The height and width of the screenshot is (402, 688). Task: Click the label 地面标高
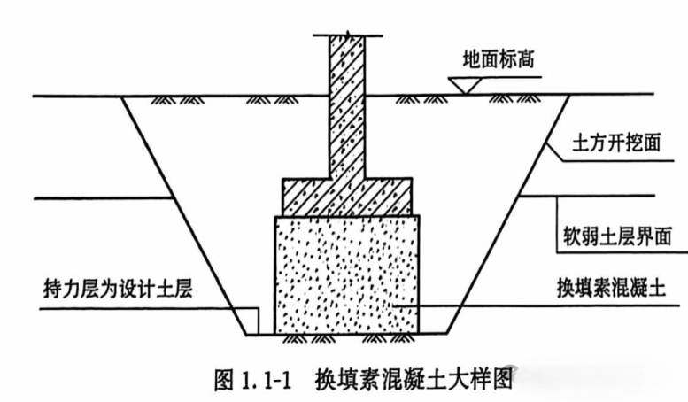[499, 59]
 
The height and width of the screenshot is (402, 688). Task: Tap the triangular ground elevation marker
[465, 85]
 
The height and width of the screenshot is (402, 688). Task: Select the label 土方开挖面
[616, 143]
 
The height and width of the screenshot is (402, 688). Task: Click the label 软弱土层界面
[617, 236]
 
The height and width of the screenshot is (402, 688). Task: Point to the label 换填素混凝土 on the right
[611, 288]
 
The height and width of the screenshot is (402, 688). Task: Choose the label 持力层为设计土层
[118, 290]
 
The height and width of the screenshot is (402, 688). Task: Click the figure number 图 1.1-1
[252, 380]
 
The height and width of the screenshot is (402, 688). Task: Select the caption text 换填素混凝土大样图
[414, 379]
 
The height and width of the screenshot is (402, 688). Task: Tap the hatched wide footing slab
[346, 197]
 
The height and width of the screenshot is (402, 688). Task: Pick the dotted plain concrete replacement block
[346, 274]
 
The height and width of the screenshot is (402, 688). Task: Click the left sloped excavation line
[184, 216]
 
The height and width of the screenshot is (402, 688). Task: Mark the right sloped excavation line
[507, 215]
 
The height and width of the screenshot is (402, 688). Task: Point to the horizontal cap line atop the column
[347, 35]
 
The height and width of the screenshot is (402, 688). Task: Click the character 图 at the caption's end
[502, 379]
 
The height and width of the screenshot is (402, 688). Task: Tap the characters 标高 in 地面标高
[517, 59]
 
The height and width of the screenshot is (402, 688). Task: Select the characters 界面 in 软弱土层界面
[653, 236]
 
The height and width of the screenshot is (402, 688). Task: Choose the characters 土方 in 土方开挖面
[590, 143]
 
